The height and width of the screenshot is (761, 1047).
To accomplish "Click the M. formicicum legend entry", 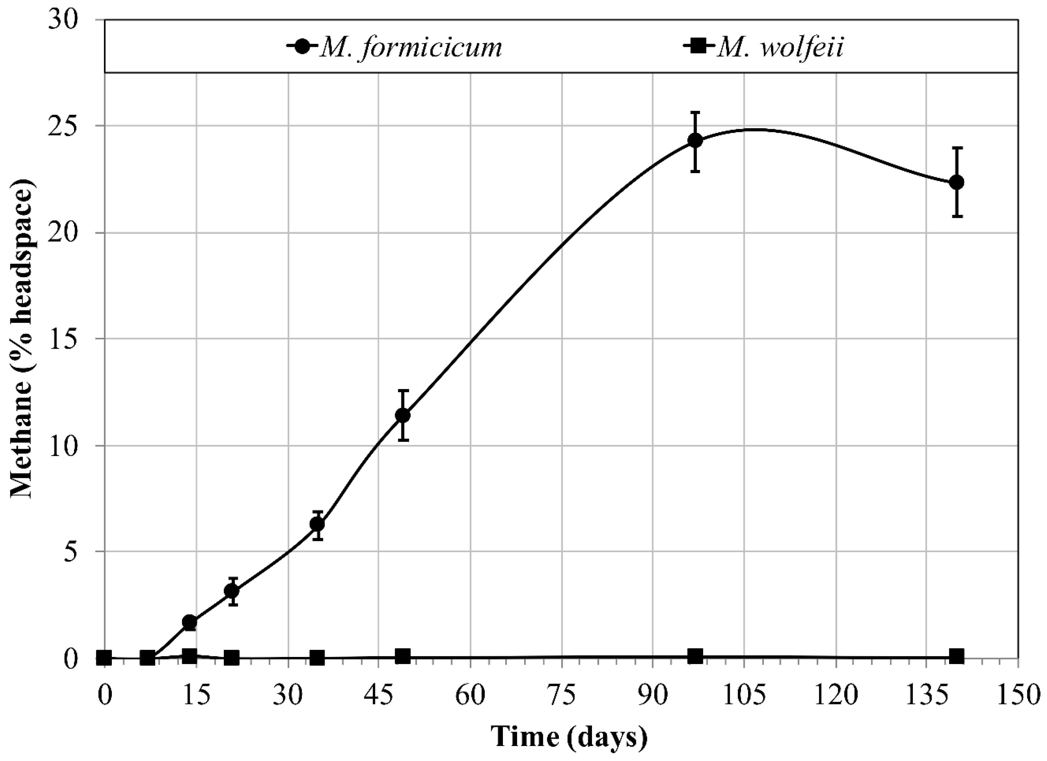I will pos(395,48).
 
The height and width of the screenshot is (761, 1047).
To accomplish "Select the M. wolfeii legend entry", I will pos(764,48).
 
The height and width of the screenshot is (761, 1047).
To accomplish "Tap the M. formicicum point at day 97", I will pos(695,140).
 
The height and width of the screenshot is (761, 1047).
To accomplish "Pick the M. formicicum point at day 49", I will pos(403,415).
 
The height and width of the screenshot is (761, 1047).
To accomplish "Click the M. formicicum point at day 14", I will pos(190,622).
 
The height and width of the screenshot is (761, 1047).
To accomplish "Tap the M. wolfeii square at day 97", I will pos(695,655).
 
